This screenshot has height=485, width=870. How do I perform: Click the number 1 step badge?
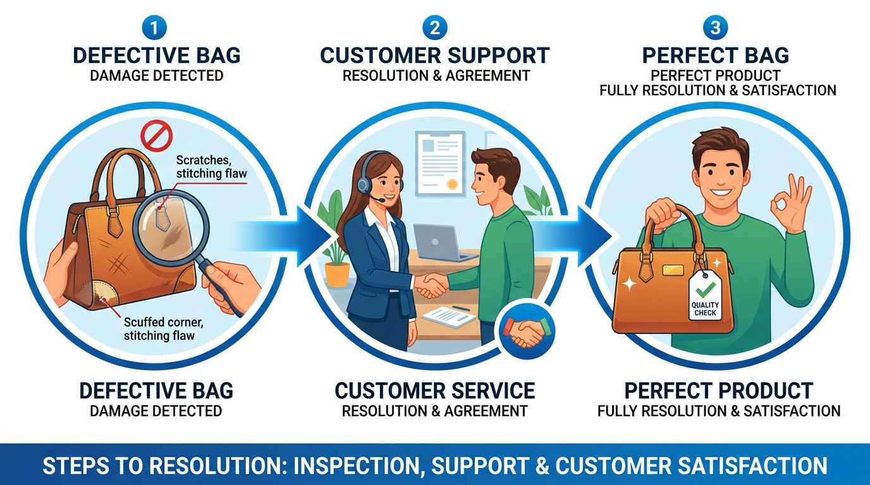(154, 28)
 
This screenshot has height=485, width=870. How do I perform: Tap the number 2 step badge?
(434, 28)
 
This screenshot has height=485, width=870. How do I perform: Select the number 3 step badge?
(715, 28)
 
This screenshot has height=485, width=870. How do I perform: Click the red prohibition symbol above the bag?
(157, 136)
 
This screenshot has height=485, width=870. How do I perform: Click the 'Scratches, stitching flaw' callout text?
(211, 167)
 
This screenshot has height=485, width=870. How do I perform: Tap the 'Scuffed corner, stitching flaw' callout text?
(164, 328)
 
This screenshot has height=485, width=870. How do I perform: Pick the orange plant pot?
(337, 273)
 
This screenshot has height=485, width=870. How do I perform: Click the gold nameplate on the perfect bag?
(673, 270)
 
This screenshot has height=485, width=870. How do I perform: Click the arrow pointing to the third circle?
(575, 237)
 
